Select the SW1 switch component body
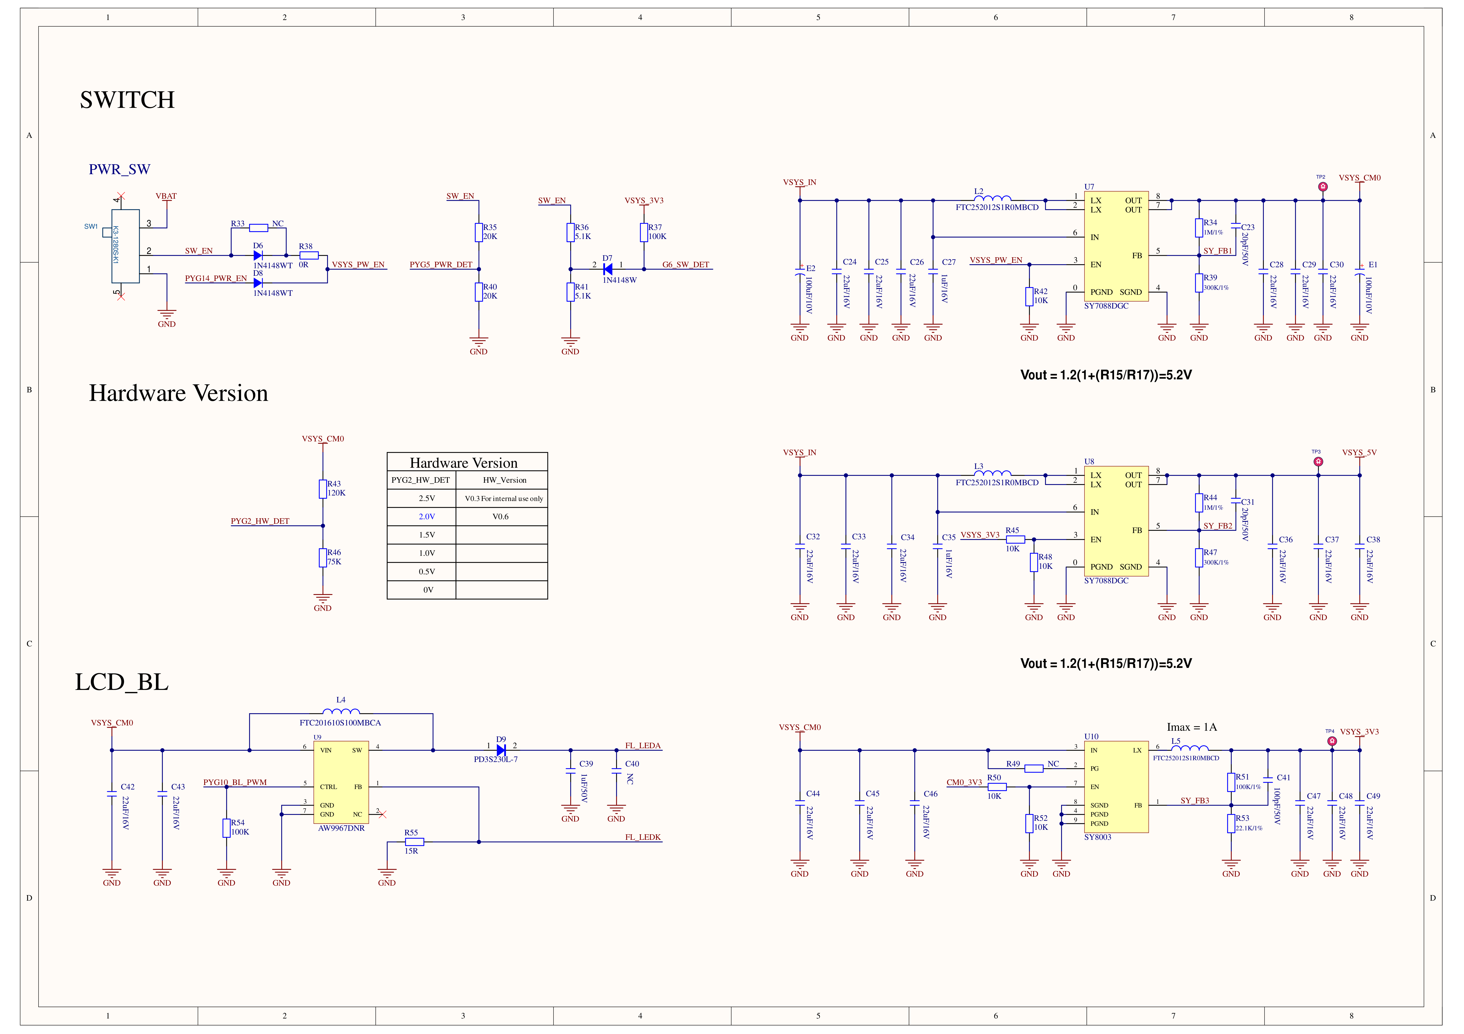126,246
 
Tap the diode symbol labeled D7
608,269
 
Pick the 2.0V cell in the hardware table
427,516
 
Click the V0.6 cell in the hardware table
500,516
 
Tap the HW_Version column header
504,480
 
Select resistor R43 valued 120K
323,489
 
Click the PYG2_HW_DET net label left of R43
260,521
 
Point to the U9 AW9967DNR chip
341,782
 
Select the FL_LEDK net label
643,837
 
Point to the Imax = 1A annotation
1192,727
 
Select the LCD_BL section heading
122,682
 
